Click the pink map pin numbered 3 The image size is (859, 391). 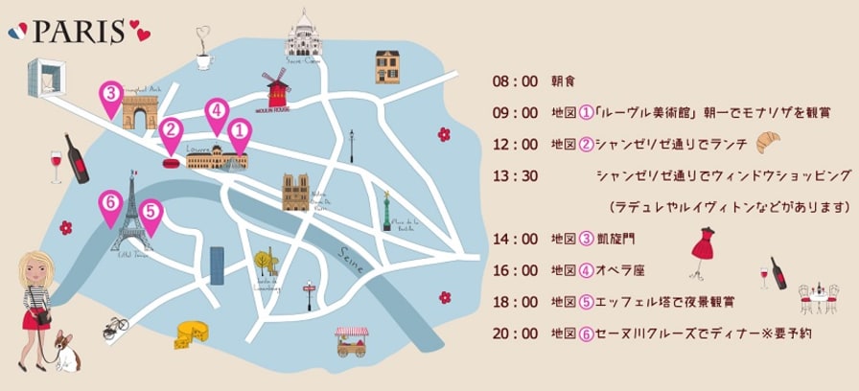(111, 95)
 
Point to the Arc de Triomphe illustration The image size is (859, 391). (140, 110)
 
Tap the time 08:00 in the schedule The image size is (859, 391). (514, 80)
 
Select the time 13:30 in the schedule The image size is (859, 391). (514, 175)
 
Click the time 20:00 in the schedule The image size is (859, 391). (514, 333)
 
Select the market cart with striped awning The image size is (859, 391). (351, 341)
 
